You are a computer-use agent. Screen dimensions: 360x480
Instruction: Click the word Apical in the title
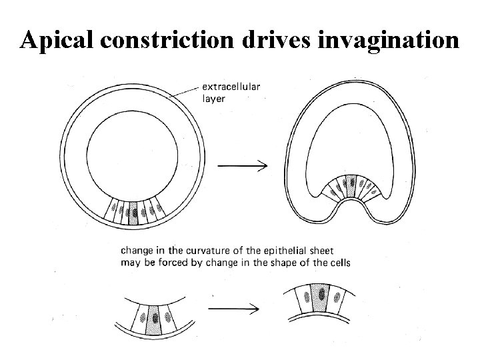(x=58, y=40)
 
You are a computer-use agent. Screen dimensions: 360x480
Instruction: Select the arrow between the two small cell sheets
(x=233, y=309)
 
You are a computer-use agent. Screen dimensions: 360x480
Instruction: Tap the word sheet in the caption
(x=323, y=251)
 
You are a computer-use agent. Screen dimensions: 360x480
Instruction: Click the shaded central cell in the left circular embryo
(x=133, y=212)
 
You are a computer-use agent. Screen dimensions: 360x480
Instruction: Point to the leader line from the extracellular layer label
(x=185, y=92)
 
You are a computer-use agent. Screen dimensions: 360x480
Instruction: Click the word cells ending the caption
(x=337, y=263)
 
